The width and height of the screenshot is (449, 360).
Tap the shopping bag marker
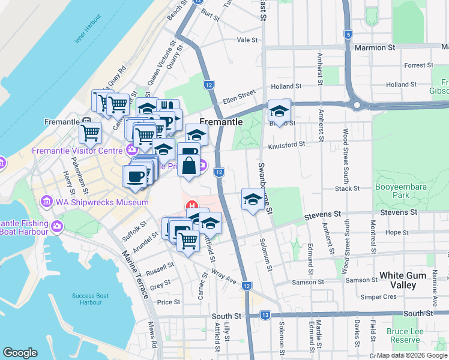(x=188, y=165)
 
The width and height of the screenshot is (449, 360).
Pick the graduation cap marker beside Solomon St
(x=253, y=199)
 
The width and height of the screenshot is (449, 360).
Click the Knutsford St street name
(x=286, y=144)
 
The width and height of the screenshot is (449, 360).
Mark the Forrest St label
(x=418, y=65)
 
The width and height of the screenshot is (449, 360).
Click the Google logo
(x=20, y=353)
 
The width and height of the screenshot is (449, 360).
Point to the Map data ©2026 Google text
(x=412, y=355)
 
